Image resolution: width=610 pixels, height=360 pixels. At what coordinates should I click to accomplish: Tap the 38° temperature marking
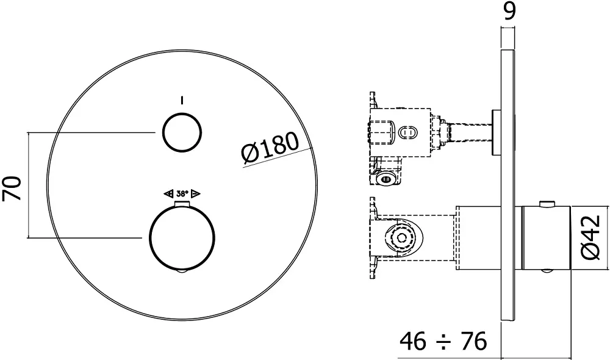182,193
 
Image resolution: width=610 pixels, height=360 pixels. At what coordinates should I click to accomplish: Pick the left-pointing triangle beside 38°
168,193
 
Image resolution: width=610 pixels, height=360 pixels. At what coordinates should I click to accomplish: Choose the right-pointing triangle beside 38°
196,193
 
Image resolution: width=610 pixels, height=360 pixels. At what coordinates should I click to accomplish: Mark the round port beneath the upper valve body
385,178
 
